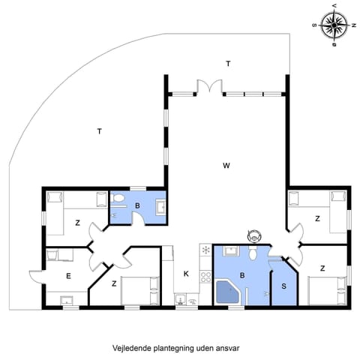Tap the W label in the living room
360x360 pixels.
(x=226, y=165)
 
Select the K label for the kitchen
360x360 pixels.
(x=186, y=274)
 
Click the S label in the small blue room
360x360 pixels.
(x=283, y=286)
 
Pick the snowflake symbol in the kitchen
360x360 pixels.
(x=205, y=250)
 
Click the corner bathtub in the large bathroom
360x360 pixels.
(x=226, y=293)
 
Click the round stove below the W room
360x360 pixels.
(x=253, y=235)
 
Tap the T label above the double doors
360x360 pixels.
(x=227, y=64)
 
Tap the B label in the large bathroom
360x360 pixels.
(x=241, y=275)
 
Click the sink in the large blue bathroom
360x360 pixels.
(x=232, y=251)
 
